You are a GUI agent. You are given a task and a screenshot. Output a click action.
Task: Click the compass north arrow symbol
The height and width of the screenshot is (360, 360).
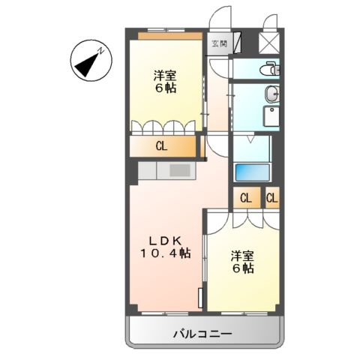coord(88,62)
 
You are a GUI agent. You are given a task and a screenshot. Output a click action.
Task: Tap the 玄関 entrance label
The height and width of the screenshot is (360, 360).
coord(217,43)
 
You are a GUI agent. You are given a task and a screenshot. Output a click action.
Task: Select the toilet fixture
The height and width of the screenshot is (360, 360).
coord(266,70)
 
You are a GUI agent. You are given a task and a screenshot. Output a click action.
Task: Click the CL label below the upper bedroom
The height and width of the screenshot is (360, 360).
coord(161,146)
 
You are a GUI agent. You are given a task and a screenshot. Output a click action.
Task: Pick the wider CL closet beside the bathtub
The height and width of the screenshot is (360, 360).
coord(245,199)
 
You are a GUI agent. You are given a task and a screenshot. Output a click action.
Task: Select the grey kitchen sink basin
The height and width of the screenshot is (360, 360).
coord(180,171)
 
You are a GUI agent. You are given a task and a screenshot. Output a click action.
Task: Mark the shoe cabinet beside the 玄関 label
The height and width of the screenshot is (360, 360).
coord(237,43)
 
